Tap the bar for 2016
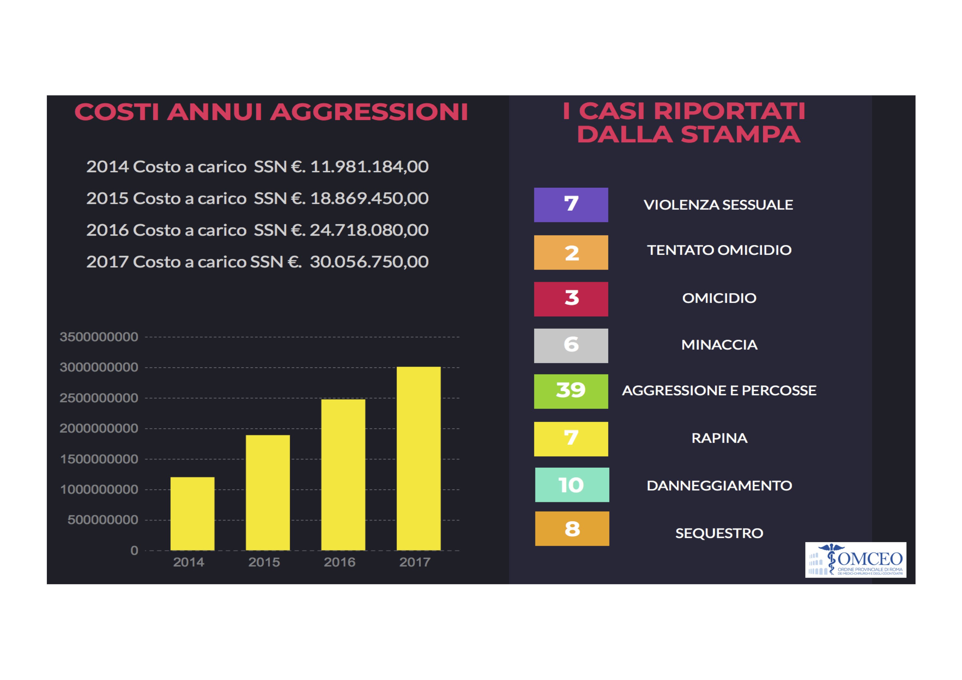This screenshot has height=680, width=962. click(343, 475)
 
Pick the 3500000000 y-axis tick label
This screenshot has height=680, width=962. click(99, 337)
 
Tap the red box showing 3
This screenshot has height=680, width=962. click(571, 299)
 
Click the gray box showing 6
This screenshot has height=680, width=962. click(571, 345)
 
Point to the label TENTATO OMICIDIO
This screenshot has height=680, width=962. click(719, 250)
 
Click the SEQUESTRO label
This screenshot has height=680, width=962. click(719, 533)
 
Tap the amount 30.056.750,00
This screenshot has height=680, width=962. click(369, 262)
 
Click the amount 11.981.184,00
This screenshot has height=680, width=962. click(369, 167)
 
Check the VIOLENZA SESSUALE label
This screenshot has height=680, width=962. click(718, 205)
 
